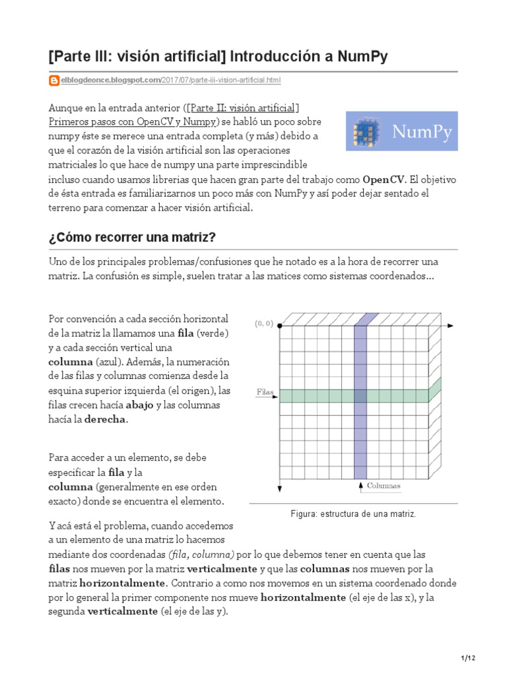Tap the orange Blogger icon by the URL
[x=54, y=81]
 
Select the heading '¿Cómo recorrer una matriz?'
[x=132, y=237]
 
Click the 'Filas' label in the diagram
[x=265, y=392]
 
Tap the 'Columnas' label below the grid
[x=384, y=486]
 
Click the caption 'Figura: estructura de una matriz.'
[x=353, y=514]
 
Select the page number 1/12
[x=467, y=659]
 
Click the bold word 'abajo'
[x=139, y=405]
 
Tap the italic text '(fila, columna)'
[x=201, y=555]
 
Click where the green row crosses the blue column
[x=360, y=395]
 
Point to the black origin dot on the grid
[x=279, y=325]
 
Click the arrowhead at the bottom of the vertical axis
[x=280, y=489]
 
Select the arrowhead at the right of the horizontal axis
[x=450, y=325]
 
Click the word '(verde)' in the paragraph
[x=213, y=332]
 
